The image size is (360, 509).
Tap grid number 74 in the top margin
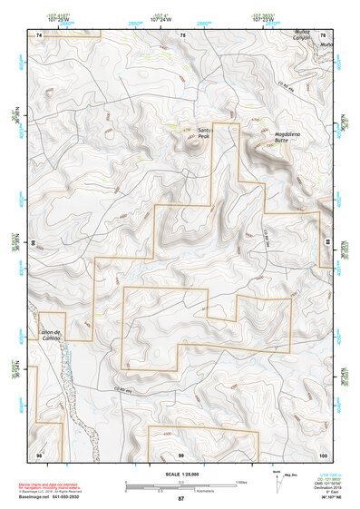[39, 33]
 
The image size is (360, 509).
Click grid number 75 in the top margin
[182, 33]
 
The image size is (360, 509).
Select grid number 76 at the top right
[324, 33]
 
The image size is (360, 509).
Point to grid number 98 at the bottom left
[39, 453]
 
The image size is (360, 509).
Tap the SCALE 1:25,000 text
[180, 475]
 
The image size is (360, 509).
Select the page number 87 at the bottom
[180, 499]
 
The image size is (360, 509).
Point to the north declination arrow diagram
[277, 483]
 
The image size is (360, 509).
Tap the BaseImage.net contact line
[63, 496]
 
